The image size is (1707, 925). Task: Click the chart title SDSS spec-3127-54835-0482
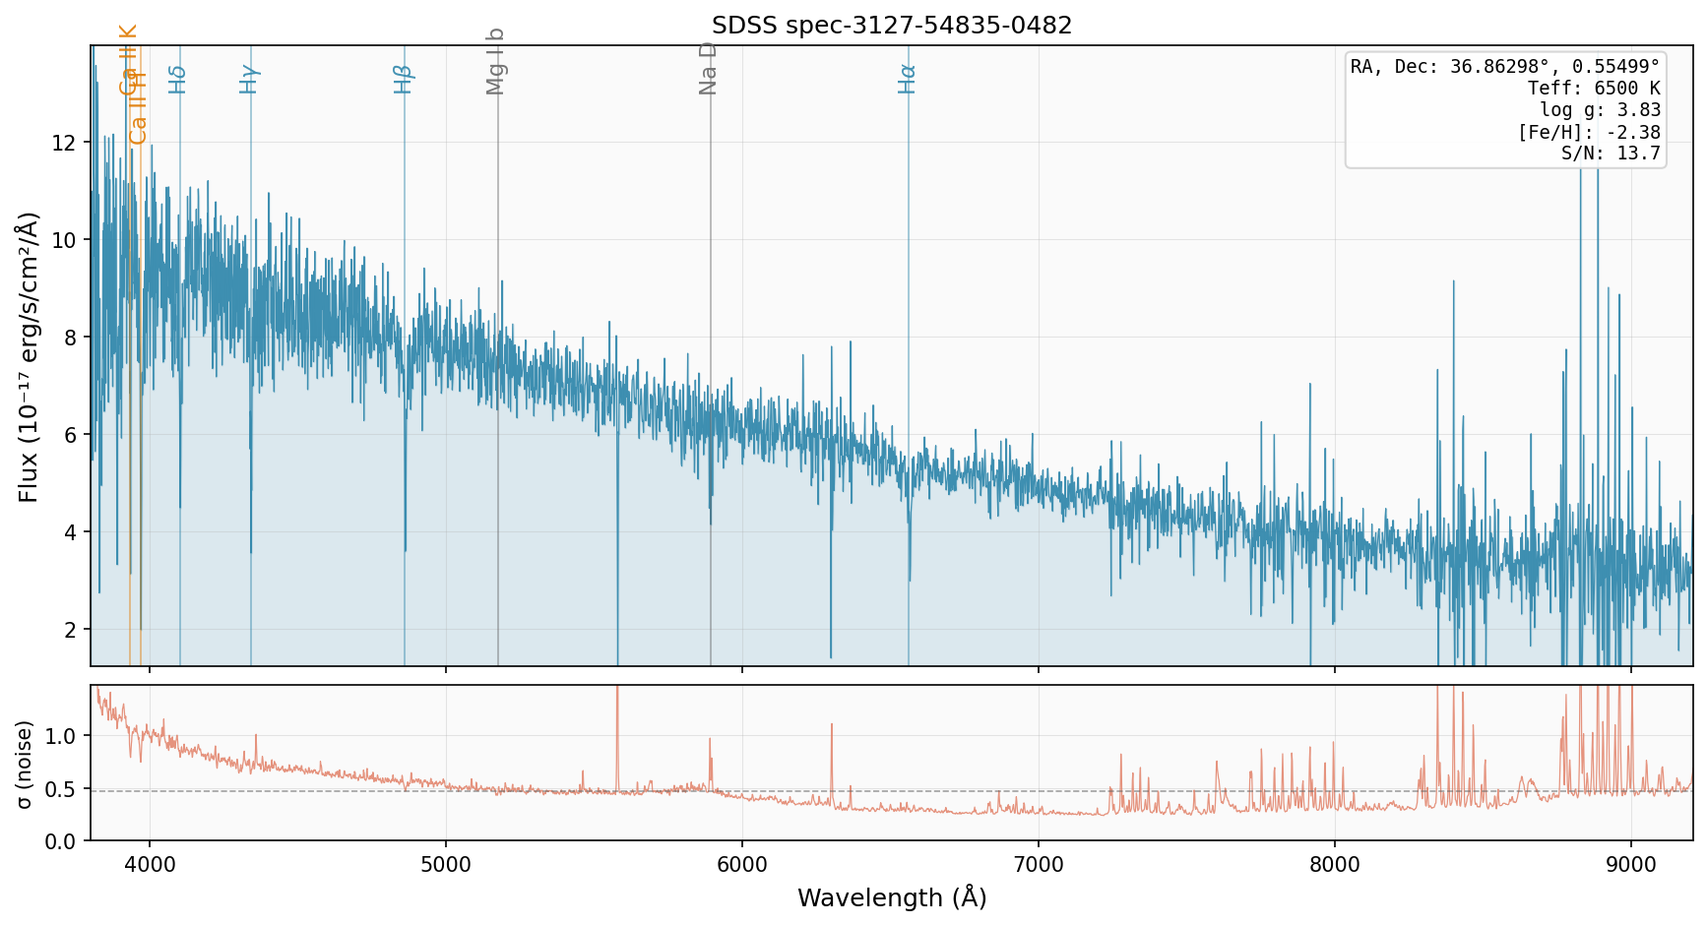[x=892, y=26]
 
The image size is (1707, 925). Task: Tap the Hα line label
[x=907, y=79]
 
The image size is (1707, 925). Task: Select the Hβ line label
[x=403, y=79]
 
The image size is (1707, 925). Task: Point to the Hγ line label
[x=249, y=79]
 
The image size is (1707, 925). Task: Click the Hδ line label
[x=177, y=79]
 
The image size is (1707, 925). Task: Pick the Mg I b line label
[x=496, y=61]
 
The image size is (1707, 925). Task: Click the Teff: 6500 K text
[x=1594, y=89]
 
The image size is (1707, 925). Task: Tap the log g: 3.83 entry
[x=1600, y=110]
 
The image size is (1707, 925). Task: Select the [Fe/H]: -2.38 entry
[x=1589, y=132]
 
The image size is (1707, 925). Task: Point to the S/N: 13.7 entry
[x=1611, y=154]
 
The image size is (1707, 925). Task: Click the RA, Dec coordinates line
[x=1505, y=67]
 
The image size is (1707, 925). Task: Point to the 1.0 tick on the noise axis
[x=62, y=736]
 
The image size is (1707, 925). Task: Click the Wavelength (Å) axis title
[x=892, y=897]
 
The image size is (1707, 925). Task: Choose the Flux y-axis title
[x=29, y=356]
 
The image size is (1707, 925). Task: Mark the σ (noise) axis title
[x=25, y=764]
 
